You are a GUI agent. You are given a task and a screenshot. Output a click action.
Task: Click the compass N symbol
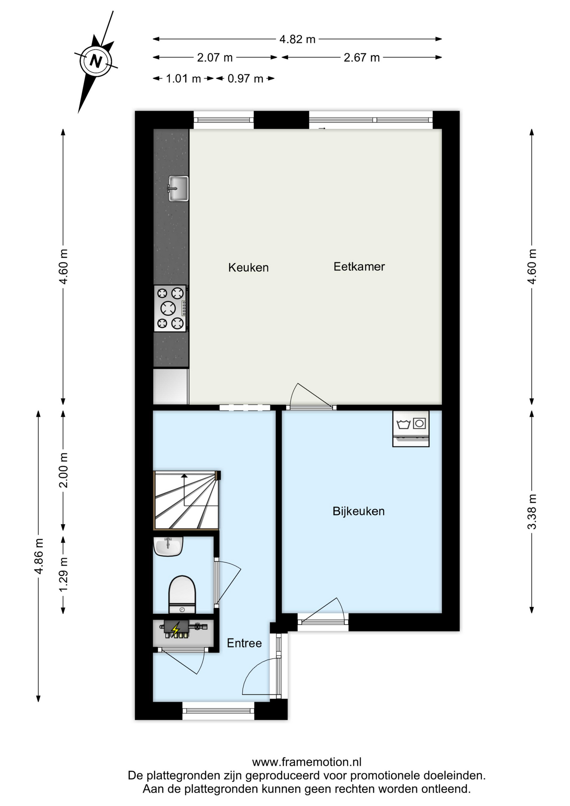96,61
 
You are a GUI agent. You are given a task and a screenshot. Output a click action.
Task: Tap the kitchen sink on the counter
178,188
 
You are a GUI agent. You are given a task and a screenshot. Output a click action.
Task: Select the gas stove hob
170,309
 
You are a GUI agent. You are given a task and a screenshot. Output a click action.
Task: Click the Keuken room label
248,267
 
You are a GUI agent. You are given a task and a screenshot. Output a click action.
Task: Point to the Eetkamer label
359,267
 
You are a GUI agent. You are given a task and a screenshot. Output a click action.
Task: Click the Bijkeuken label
358,511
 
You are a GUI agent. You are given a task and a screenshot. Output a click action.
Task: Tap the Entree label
244,643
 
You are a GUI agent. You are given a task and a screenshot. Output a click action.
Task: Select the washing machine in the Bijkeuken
411,428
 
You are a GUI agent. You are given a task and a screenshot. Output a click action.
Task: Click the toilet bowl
182,594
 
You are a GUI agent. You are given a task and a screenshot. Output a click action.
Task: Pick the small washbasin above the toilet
168,546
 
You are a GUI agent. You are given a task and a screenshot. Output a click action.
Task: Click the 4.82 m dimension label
297,39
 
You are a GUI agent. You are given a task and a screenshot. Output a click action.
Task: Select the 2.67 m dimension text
361,58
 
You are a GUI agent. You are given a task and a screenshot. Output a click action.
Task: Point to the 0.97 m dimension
245,79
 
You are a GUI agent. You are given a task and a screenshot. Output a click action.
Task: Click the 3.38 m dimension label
532,512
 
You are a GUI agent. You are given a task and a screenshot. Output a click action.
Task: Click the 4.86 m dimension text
39,556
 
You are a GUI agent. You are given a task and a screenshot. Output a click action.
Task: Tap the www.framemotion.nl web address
306,762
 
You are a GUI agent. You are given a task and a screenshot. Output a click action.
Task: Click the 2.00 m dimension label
63,470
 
